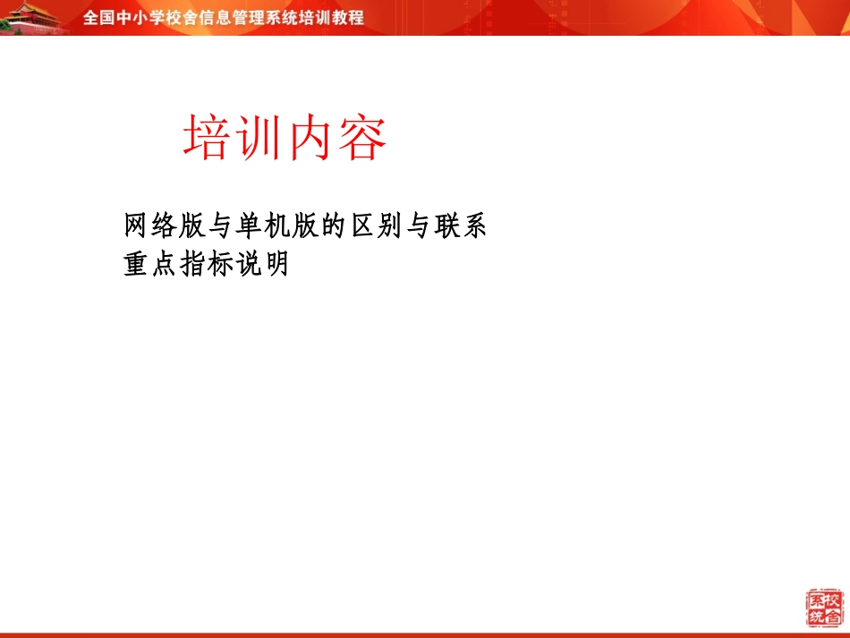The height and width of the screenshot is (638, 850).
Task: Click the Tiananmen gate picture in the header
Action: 34,18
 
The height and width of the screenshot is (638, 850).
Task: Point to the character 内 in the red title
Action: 310,139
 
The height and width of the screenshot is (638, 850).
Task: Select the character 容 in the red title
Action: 362,139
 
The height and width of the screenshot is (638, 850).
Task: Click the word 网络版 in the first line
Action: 166,226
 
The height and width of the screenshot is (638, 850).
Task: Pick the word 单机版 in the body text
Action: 276,226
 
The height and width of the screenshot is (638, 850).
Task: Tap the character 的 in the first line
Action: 333,226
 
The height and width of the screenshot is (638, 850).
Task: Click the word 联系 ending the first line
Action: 459,226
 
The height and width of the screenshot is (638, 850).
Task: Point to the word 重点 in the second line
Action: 151,265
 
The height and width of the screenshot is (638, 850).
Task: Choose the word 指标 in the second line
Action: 207,265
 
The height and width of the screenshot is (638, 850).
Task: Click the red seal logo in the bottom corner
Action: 824,608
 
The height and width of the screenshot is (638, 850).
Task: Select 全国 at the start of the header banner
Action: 98,18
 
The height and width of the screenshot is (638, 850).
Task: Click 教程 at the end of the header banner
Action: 349,18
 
